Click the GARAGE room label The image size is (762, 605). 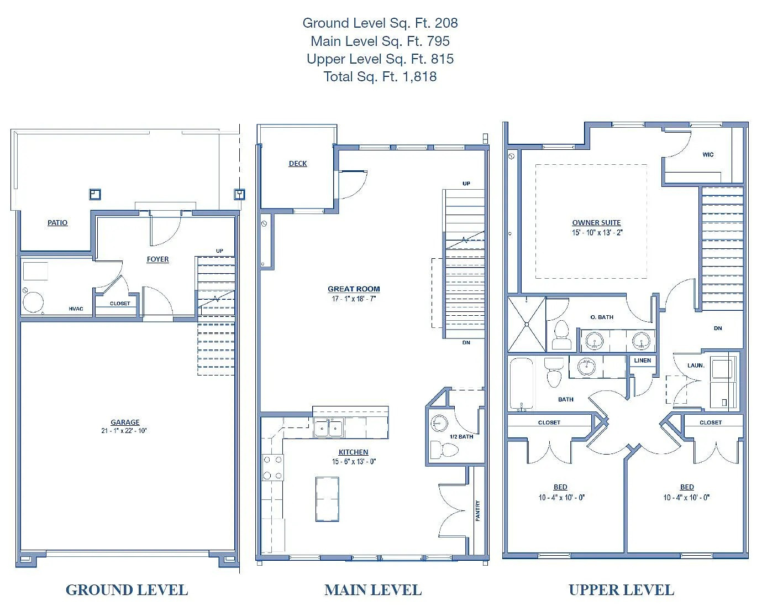click(125, 422)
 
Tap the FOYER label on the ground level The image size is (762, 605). click(157, 259)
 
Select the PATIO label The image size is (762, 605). click(57, 222)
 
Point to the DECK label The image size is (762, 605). click(298, 163)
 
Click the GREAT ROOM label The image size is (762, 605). click(354, 289)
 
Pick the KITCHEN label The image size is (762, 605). click(354, 452)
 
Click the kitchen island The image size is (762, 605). click(327, 499)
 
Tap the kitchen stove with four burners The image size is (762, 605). click(272, 467)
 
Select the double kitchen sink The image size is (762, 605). click(328, 427)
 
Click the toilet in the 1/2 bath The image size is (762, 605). click(444, 450)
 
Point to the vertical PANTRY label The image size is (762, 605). click(477, 511)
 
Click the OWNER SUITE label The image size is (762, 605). click(596, 222)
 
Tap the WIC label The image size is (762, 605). click(708, 154)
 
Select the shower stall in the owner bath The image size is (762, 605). click(527, 324)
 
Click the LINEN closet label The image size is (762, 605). click(642, 361)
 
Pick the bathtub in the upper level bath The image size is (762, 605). click(522, 383)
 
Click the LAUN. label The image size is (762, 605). click(696, 366)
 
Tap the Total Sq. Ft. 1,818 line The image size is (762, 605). click(380, 76)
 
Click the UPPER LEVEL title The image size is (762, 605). click(622, 590)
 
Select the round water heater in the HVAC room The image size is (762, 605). click(33, 302)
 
